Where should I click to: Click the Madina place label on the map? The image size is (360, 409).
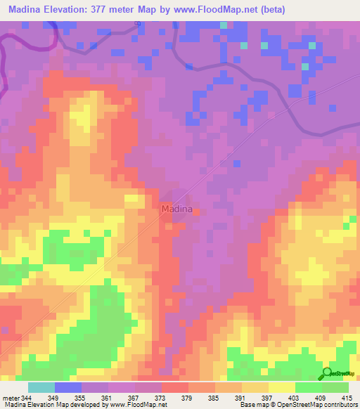click(x=176, y=209)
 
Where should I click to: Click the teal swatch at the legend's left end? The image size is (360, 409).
click(x=41, y=387)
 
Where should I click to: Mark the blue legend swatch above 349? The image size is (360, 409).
click(x=68, y=387)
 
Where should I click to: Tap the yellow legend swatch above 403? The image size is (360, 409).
click(x=282, y=387)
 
